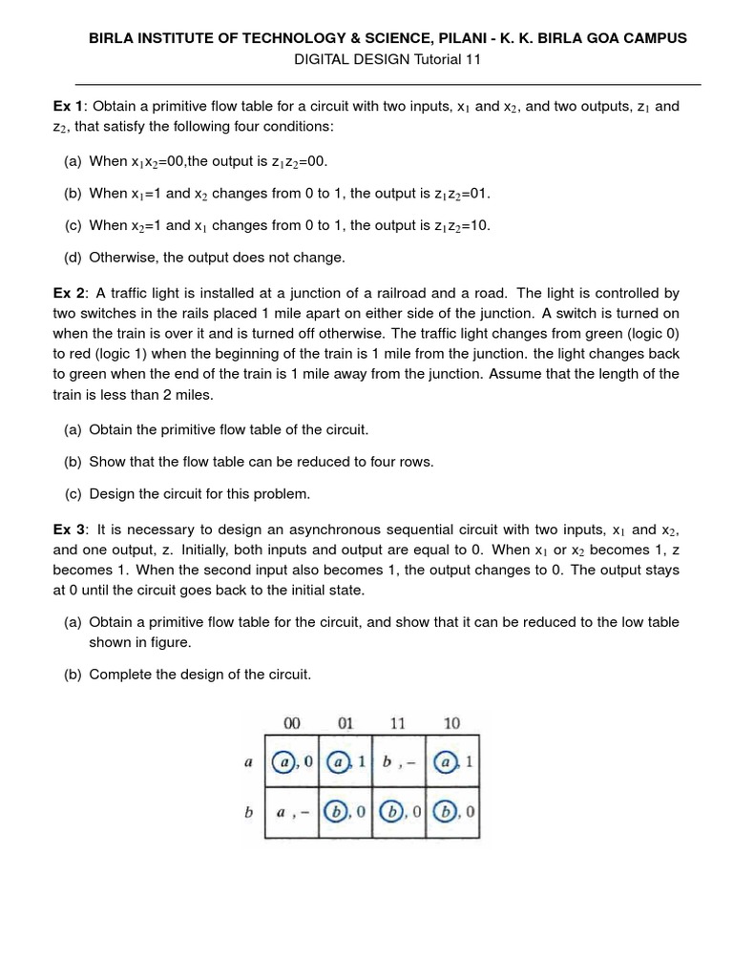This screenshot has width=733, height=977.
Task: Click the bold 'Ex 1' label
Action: click(x=69, y=106)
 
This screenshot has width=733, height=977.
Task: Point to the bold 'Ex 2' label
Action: click(x=69, y=294)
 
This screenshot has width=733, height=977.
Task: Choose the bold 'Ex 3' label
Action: click(x=69, y=530)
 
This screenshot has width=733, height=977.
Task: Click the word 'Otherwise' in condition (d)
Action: click(x=121, y=258)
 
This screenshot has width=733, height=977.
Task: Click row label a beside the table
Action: click(x=248, y=762)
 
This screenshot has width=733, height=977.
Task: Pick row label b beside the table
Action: click(x=248, y=814)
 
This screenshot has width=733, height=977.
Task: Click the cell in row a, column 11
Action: click(x=399, y=762)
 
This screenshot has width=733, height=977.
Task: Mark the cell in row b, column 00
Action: click(x=292, y=814)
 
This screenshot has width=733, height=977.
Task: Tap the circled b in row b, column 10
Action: click(x=445, y=814)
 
